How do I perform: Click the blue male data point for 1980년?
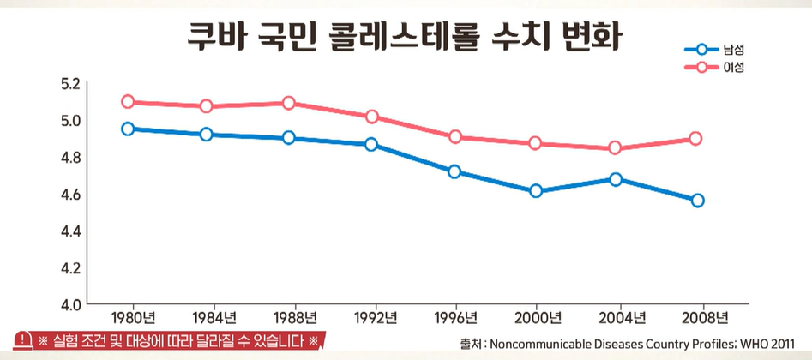pyautogui.click(x=128, y=129)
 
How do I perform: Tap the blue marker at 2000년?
pyautogui.click(x=536, y=191)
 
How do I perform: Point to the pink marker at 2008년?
pyautogui.click(x=696, y=139)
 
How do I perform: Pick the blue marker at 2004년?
pyautogui.click(x=616, y=179)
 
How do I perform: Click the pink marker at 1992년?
pyautogui.click(x=371, y=117)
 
